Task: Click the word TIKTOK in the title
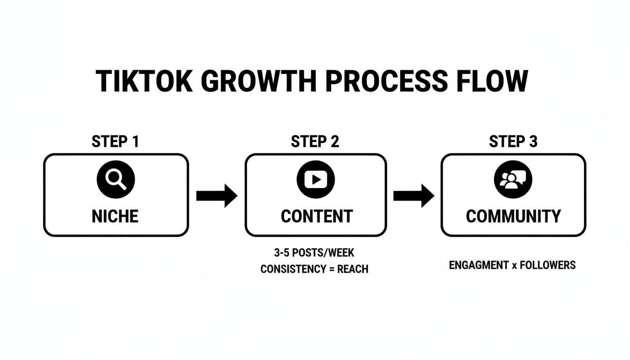[144, 82]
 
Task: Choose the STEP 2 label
[315, 142]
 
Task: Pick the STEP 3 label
[513, 142]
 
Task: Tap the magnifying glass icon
[116, 179]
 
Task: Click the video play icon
[315, 179]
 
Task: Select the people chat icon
[513, 179]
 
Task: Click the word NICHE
[116, 216]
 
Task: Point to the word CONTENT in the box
[316, 216]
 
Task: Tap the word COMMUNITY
[513, 216]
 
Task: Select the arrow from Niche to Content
[217, 195]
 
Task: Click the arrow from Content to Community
[413, 195]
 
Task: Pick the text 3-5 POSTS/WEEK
[314, 253]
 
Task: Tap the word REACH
[352, 269]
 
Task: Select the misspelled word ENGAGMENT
[478, 265]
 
